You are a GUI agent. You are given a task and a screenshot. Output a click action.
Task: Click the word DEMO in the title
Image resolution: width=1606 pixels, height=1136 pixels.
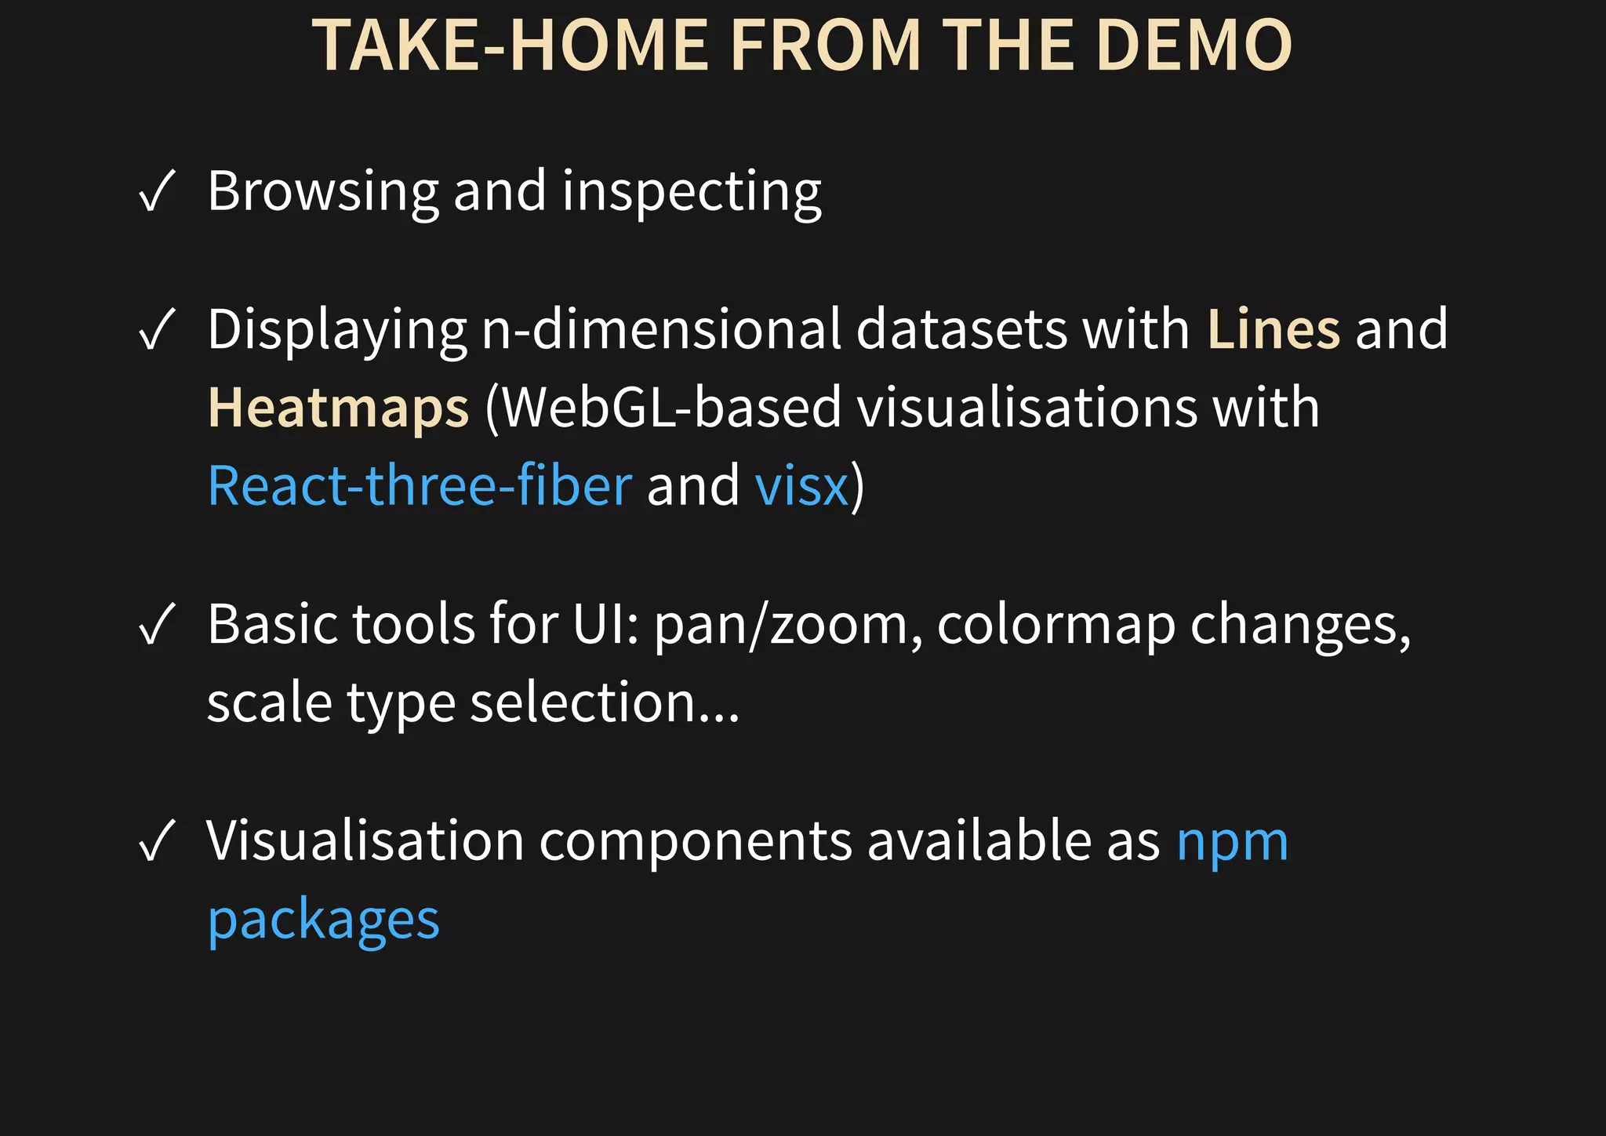[1194, 45]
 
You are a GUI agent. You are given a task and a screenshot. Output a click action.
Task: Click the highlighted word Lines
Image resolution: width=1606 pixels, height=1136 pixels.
[1274, 329]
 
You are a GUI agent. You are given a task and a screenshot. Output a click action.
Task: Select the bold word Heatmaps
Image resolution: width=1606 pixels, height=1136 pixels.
[338, 408]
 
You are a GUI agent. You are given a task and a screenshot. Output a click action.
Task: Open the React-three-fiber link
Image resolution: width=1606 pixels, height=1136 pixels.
[420, 485]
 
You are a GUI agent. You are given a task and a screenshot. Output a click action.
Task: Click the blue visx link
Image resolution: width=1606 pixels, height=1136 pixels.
[801, 486]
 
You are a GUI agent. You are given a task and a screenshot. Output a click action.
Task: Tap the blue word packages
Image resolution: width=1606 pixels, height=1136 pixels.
[323, 920]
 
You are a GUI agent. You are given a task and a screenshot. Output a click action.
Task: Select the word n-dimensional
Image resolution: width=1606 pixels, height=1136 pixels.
[661, 329]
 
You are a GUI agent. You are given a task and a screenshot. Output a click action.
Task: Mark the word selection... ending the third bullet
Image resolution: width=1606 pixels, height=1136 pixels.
[604, 702]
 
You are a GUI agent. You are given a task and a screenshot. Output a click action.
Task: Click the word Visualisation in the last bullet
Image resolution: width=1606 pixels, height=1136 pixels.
[365, 841]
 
